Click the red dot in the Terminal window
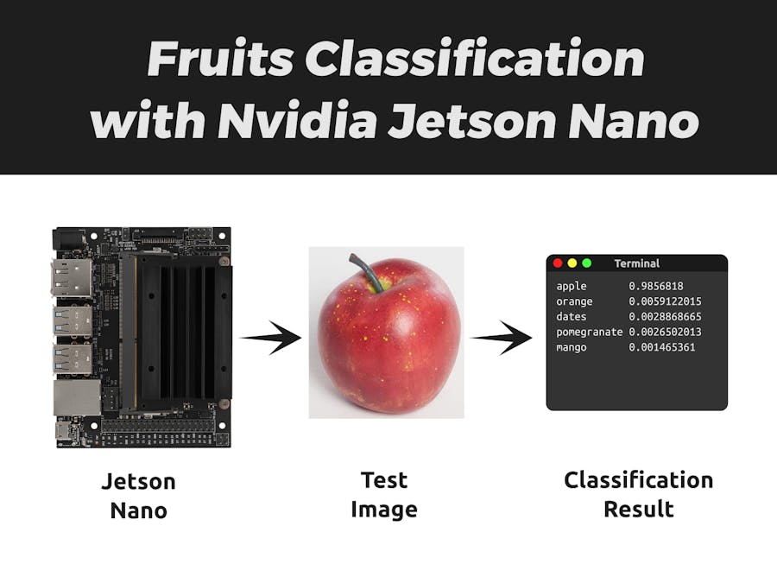pos(558,263)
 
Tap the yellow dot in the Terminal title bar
pos(572,263)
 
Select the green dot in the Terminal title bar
pos(587,263)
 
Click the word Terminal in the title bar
pos(637,263)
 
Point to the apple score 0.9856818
pos(656,286)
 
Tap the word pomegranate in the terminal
pos(590,333)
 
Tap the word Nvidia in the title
pos(297,121)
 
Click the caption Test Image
pos(384,494)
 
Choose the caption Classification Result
pos(639,494)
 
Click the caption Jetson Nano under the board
pos(138,495)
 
